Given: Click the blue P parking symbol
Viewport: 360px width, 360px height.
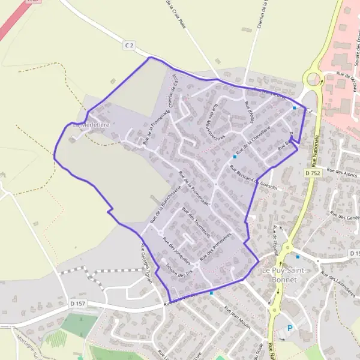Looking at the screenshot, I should click(x=290, y=328).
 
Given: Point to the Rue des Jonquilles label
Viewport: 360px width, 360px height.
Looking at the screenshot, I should click(x=176, y=251).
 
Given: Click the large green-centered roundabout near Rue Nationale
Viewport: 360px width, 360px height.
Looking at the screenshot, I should click(x=313, y=77).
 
